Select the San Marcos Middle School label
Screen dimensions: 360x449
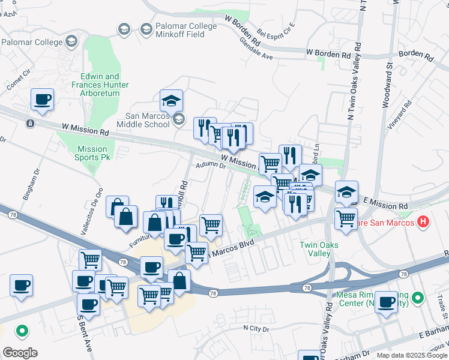coord(147,120)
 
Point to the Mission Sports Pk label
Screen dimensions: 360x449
coord(92,153)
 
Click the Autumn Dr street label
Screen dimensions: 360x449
coord(210,166)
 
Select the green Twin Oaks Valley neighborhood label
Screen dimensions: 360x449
coord(319,249)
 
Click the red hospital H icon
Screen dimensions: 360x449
coord(423,223)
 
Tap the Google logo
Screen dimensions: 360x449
coord(20,352)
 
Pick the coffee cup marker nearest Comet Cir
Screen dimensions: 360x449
coord(42,100)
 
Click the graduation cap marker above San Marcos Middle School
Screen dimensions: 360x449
coord(171,100)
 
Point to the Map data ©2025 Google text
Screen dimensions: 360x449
coord(412,355)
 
